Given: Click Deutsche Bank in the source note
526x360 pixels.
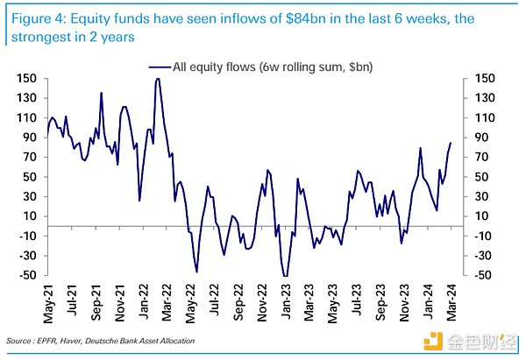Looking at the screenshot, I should pos(124,340).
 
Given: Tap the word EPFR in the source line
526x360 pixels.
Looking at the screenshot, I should pos(52,340).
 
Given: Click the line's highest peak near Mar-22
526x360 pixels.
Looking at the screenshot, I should pos(158,79).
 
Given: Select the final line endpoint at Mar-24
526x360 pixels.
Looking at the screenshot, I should pos(451,143).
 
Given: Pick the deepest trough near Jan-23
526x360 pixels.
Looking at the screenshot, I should pos(285,276).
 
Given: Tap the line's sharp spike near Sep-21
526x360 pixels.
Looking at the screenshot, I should pos(102,93).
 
